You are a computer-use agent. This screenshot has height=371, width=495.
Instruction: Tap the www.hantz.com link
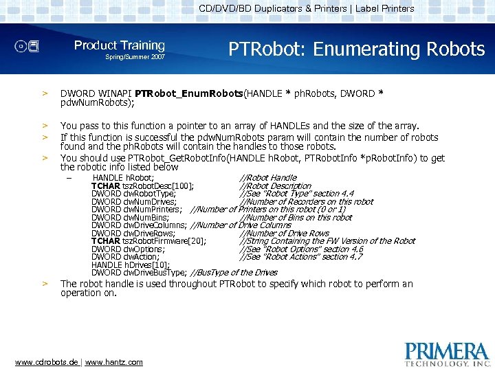114,362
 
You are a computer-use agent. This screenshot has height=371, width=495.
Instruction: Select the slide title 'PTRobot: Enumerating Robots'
356,49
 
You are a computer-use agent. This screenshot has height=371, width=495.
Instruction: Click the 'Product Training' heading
120,45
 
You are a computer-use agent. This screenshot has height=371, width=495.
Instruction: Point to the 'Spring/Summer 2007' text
135,57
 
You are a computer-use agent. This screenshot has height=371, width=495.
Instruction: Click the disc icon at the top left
27,47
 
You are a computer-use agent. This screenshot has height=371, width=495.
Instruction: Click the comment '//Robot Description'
275,186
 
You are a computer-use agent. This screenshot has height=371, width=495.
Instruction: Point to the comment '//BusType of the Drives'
234,273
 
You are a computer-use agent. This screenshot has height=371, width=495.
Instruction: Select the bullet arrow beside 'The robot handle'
45,284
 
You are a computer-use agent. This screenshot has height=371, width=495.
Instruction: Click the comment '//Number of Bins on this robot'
295,218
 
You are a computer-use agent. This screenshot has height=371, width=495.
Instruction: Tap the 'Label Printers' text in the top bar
384,9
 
